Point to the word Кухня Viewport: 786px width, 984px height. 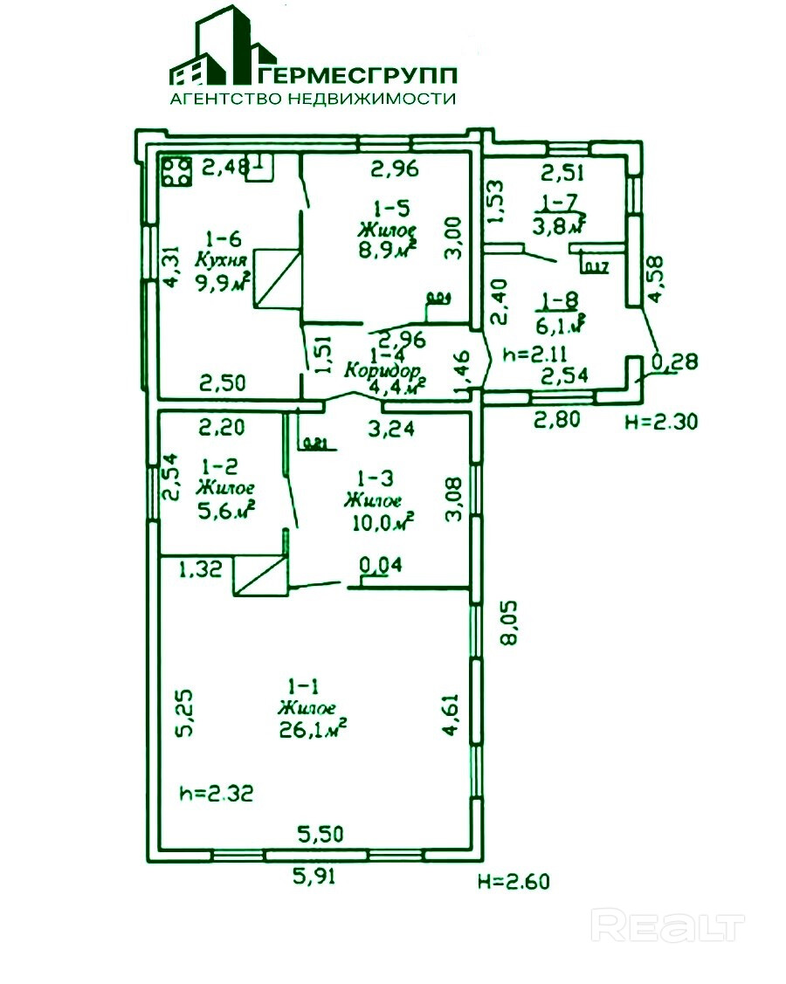tap(224, 260)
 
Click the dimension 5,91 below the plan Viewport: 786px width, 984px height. tap(313, 875)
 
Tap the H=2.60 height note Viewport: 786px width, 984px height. tap(515, 881)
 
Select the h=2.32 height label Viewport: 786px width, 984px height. tap(216, 794)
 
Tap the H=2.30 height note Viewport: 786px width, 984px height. tap(660, 423)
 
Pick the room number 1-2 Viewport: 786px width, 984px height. tap(216, 466)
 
